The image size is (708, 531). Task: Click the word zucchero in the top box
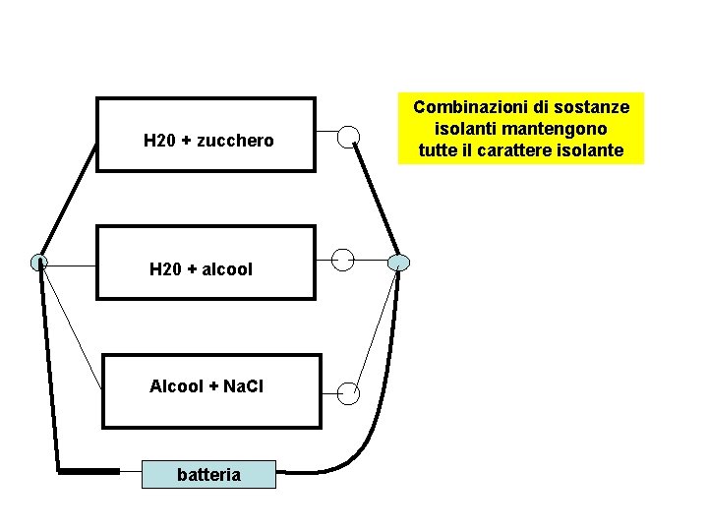pos(235,142)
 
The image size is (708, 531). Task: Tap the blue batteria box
pos(208,475)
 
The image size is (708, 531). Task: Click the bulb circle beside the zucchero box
pos(348,137)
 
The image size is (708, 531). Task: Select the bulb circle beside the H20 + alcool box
pos(342,260)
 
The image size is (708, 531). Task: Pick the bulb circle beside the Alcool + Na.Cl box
pos(348,393)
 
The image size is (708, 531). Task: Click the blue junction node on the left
pos(38,263)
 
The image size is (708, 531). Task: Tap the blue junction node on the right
pos(397,263)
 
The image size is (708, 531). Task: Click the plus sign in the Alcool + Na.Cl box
pos(213,386)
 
